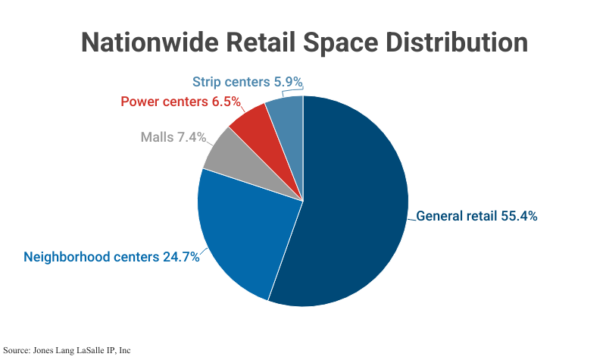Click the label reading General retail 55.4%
pyautogui.click(x=476, y=216)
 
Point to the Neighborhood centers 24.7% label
pyautogui.click(x=111, y=256)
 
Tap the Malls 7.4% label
pyautogui.click(x=173, y=137)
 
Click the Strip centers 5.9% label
pyautogui.click(x=248, y=81)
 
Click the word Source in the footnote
pyautogui.click(x=16, y=350)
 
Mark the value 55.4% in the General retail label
pyautogui.click(x=519, y=216)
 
